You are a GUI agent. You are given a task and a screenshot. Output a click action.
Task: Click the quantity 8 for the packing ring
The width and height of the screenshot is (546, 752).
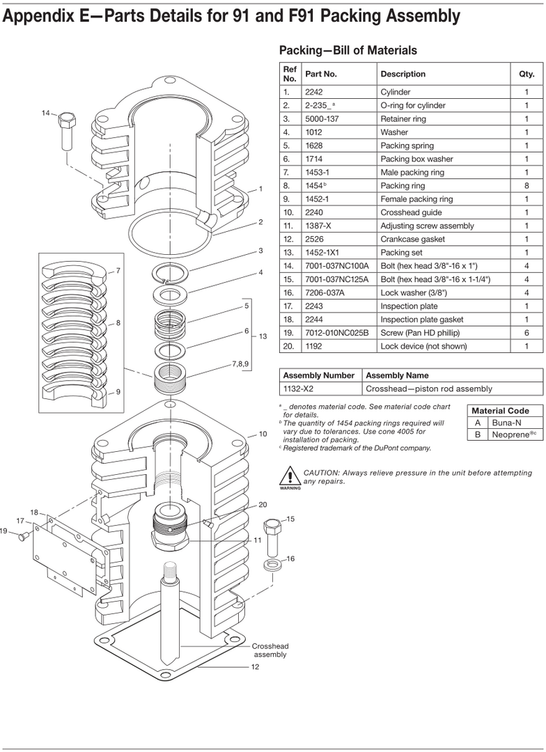pyautogui.click(x=526, y=186)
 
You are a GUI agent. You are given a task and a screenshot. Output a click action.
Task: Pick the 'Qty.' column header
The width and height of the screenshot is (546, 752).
pyautogui.click(x=526, y=74)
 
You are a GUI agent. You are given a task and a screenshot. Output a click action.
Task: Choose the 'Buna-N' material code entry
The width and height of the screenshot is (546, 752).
pyautogui.click(x=506, y=423)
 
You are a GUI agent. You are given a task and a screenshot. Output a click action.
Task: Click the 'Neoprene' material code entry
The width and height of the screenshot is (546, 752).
pyautogui.click(x=510, y=434)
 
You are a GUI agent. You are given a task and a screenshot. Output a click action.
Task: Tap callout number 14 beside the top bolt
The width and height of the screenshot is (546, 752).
pyautogui.click(x=46, y=113)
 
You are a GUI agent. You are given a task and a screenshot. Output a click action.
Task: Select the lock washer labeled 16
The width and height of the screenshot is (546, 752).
pyautogui.click(x=272, y=563)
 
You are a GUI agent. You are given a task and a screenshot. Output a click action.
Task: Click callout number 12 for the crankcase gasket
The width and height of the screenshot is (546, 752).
pyautogui.click(x=255, y=667)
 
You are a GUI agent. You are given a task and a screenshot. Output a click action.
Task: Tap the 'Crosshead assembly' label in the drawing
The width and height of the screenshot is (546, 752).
pyautogui.click(x=269, y=650)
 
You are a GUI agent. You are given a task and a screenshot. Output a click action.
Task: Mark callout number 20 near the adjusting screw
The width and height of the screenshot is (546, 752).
pyautogui.click(x=263, y=505)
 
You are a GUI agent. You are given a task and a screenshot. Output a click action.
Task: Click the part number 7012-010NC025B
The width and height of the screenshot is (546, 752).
pyautogui.click(x=336, y=333)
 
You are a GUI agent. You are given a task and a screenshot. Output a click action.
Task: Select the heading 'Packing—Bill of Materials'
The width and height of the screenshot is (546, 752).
pyautogui.click(x=348, y=50)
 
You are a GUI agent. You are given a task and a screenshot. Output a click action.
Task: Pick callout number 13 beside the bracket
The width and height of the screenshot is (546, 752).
pyautogui.click(x=263, y=336)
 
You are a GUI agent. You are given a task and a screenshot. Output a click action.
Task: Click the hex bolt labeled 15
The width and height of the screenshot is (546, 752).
pyautogui.click(x=272, y=538)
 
